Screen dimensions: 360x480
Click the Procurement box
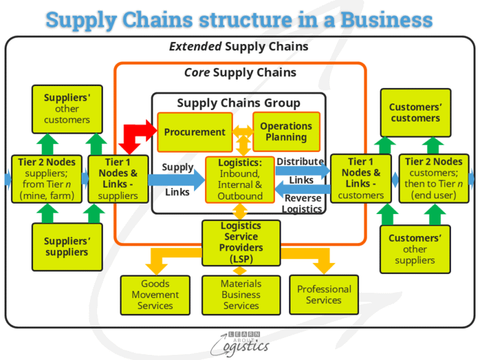[195, 132]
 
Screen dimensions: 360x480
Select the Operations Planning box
[285, 132]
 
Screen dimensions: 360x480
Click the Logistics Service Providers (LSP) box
[241, 242]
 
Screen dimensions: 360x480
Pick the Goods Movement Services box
[155, 295]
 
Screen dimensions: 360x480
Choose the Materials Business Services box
[241, 295]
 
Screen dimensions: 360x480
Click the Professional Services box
[323, 295]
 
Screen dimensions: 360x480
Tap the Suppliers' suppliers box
[67, 247]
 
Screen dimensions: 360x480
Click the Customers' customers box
[415, 112]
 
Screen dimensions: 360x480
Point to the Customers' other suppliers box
[415, 249]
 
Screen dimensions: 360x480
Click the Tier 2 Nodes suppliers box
[47, 178]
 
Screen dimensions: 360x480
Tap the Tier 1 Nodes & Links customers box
[361, 178]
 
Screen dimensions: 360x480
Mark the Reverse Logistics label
[303, 204]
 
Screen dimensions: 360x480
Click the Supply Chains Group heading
[239, 103]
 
